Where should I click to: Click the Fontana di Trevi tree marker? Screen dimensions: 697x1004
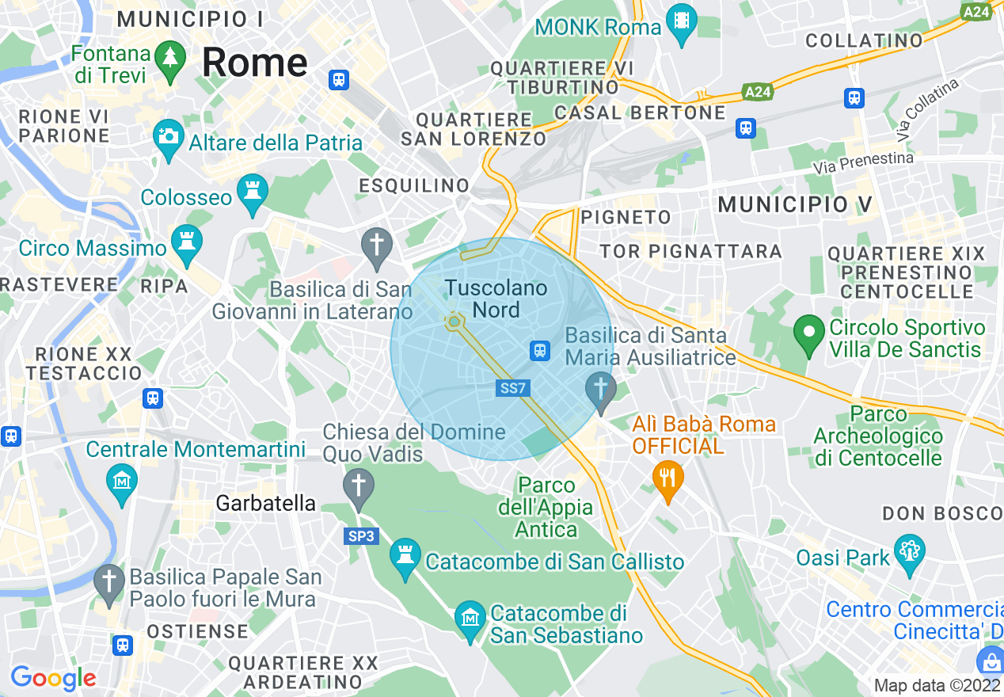point(169,59)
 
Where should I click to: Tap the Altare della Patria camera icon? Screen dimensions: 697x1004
point(168,137)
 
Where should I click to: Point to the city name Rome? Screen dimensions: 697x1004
point(254,62)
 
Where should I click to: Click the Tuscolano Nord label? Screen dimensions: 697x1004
point(496,299)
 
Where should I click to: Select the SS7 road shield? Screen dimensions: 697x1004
point(513,388)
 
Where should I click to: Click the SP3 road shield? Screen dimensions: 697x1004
point(363,536)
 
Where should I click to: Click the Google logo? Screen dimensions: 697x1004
point(52,678)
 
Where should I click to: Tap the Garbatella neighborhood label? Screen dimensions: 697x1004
point(266,503)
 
